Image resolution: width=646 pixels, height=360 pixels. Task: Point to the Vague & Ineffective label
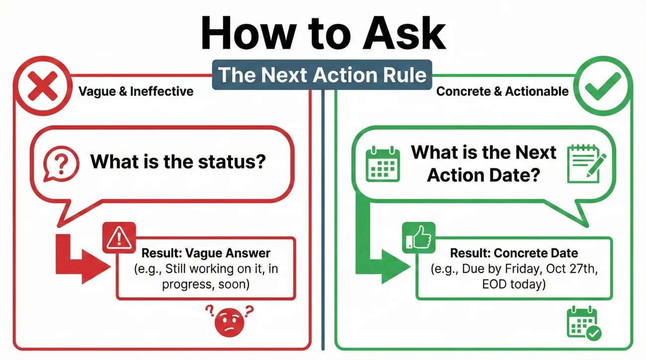[136, 91]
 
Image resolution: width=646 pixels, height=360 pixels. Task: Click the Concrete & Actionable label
[502, 91]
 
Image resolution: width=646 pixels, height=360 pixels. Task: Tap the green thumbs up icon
[418, 238]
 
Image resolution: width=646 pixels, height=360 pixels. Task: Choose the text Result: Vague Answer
[206, 252]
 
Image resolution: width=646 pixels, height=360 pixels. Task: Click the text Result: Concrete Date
[507, 253]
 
